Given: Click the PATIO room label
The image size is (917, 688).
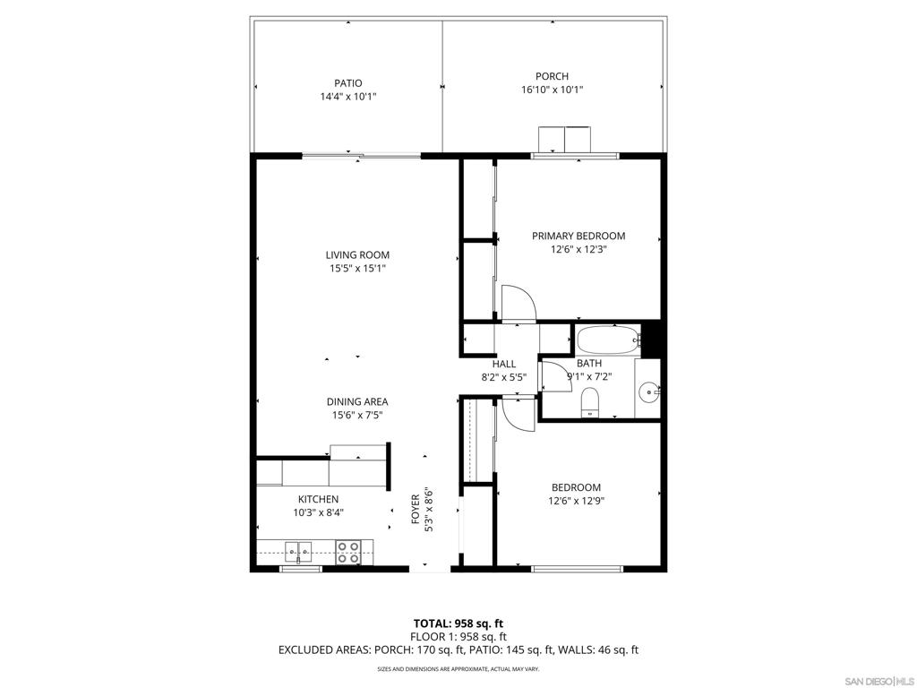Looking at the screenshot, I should pyautogui.click(x=348, y=83).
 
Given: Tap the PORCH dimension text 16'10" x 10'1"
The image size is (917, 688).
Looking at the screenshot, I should pyautogui.click(x=552, y=90).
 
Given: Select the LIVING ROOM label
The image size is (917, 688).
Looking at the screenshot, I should pyautogui.click(x=357, y=255).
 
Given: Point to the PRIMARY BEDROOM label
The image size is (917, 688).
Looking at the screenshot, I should pyautogui.click(x=578, y=236).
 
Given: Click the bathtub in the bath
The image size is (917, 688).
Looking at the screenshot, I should pyautogui.click(x=608, y=340).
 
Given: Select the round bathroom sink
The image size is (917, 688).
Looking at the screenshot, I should pyautogui.click(x=650, y=391).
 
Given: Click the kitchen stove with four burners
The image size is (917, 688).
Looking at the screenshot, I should pyautogui.click(x=348, y=552).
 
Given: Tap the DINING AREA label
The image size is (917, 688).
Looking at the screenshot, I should pyautogui.click(x=357, y=402).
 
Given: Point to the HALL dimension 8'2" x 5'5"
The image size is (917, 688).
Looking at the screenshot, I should pyautogui.click(x=503, y=377).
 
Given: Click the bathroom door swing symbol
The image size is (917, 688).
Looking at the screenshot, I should pyautogui.click(x=555, y=375).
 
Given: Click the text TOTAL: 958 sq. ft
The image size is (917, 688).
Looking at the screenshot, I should pyautogui.click(x=458, y=623).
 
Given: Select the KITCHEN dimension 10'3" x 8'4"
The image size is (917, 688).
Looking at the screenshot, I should pyautogui.click(x=318, y=512).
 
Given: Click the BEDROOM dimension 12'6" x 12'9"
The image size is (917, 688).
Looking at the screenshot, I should pyautogui.click(x=576, y=501).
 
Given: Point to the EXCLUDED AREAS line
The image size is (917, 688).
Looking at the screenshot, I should pyautogui.click(x=458, y=650).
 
